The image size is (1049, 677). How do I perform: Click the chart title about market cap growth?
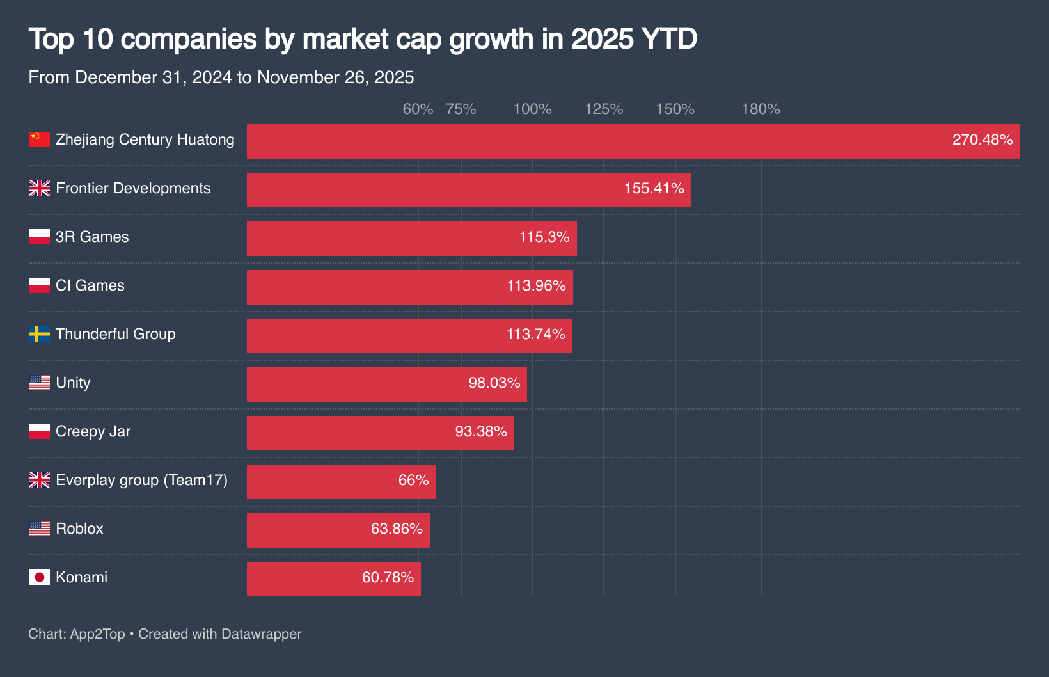point(362,39)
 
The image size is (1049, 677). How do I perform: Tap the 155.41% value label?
point(654,188)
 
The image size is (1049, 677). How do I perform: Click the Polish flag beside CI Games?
point(40,285)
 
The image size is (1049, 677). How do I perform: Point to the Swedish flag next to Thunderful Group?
point(40,334)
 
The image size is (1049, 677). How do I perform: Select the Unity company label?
point(73,383)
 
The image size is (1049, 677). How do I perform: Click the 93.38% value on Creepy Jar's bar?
point(480,431)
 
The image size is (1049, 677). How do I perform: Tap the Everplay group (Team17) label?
point(141,480)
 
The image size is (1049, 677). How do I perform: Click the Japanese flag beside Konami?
point(40,577)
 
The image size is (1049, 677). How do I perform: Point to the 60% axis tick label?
point(418,109)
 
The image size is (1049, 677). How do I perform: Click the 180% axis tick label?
point(761,109)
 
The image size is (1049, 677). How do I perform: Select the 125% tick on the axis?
point(604,109)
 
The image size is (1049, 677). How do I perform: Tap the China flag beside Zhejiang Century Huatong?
point(40,139)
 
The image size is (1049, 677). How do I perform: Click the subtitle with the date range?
point(221,77)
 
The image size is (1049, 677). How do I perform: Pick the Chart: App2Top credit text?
point(77,634)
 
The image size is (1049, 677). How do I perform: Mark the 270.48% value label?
point(982,139)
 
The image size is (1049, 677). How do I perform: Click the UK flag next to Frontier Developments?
point(40,188)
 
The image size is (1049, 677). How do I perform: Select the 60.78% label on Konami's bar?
point(388,577)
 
